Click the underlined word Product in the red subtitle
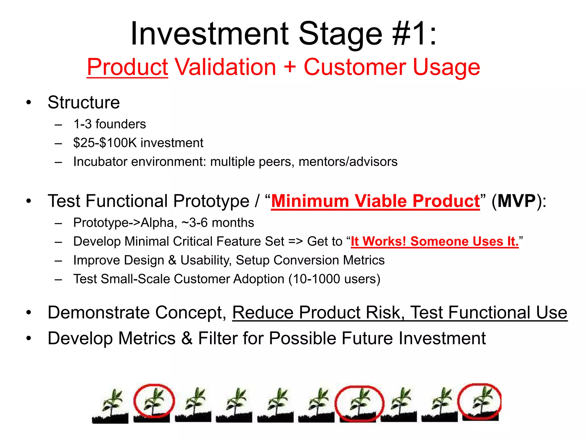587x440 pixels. pyautogui.click(x=127, y=68)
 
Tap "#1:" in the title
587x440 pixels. pyautogui.click(x=415, y=34)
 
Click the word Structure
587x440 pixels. pyautogui.click(x=83, y=102)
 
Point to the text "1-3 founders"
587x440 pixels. pyautogui.click(x=109, y=124)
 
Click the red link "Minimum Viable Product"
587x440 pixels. pyautogui.click(x=375, y=201)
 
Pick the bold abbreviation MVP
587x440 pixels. pyautogui.click(x=516, y=201)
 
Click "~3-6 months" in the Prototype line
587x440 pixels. pyautogui.click(x=218, y=223)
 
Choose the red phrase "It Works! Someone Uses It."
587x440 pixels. pyautogui.click(x=435, y=241)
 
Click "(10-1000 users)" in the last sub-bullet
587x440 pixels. pyautogui.click(x=334, y=279)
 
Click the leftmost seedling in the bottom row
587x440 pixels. pyautogui.click(x=110, y=405)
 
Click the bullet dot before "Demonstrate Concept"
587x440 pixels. pyautogui.click(x=28, y=313)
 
